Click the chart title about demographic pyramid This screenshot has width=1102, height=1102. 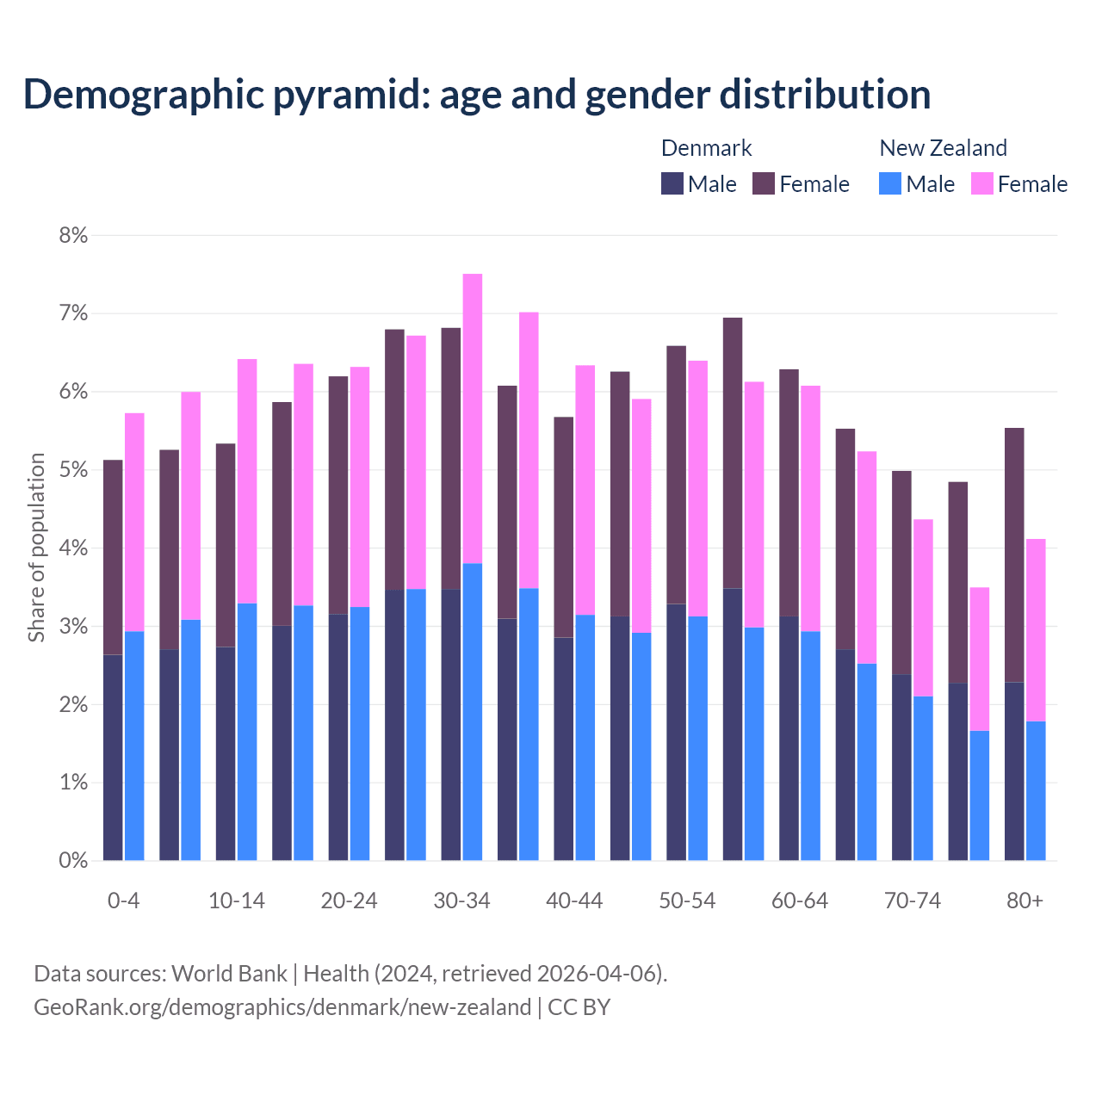click(476, 94)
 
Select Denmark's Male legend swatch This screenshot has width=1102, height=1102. click(672, 183)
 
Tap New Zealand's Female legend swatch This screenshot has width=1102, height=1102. click(981, 183)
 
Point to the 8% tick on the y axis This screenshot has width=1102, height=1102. click(73, 235)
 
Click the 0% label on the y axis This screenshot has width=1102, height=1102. click(73, 860)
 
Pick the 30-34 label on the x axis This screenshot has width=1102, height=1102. click(461, 901)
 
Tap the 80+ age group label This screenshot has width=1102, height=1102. click(1025, 901)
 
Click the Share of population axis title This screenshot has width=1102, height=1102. click(36, 548)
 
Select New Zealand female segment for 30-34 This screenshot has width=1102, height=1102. click(473, 418)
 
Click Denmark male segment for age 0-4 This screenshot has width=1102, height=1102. click(113, 758)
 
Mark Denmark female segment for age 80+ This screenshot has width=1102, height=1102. click(1014, 554)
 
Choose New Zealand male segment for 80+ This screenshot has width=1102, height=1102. click(1036, 790)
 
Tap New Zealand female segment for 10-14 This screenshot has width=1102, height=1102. click(247, 481)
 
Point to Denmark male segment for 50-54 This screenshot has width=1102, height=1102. click(676, 732)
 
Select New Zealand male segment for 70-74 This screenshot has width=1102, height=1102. click(923, 778)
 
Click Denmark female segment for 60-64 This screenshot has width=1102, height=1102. click(789, 492)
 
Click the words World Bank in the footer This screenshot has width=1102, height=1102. click(229, 974)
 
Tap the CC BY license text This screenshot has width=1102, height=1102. click(579, 1007)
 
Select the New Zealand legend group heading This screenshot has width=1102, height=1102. click(943, 148)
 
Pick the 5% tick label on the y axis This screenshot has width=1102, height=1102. click(73, 470)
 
